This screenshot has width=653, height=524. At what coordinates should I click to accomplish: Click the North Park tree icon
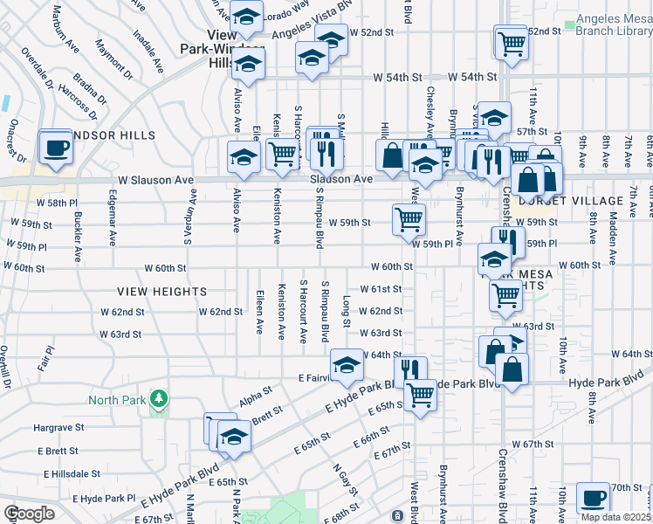pyautogui.click(x=158, y=400)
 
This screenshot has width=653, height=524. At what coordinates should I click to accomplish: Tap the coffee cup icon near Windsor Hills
pyautogui.click(x=57, y=147)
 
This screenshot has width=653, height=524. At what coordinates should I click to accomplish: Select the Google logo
pyautogui.click(x=29, y=514)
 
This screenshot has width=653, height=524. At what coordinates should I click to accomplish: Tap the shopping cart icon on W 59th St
pyautogui.click(x=409, y=218)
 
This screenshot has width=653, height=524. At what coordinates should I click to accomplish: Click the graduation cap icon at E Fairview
pyautogui.click(x=347, y=364)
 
